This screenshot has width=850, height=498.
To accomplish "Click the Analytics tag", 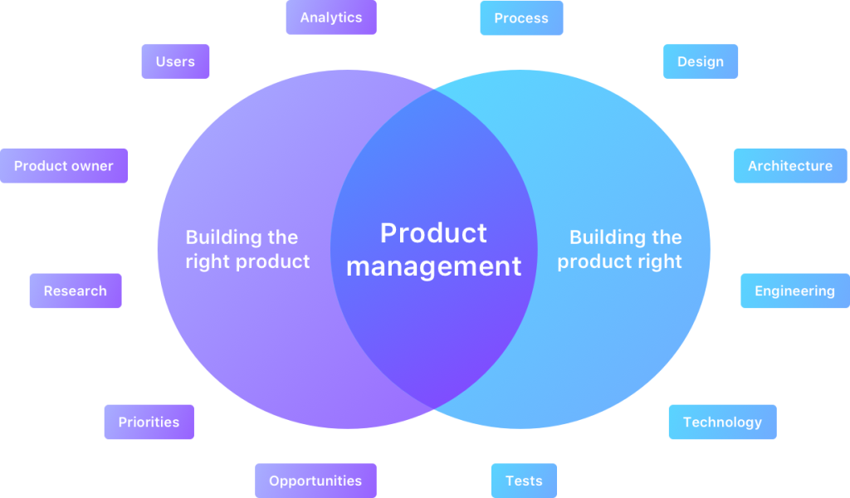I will (331, 17).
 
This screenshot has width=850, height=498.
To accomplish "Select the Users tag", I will (175, 61).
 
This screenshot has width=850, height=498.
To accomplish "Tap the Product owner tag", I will (64, 166).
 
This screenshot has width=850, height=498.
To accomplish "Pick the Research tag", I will (76, 291).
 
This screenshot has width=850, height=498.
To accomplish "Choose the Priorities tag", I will (149, 422).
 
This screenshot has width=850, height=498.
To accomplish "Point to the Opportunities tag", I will (315, 481).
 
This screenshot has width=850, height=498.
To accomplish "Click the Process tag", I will (521, 18).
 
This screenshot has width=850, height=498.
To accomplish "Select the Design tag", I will (701, 61).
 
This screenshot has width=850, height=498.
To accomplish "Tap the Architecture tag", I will (790, 166).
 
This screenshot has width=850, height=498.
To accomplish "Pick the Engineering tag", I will (794, 291).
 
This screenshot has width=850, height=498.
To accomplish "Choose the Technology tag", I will (722, 422).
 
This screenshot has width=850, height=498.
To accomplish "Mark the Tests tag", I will (524, 481).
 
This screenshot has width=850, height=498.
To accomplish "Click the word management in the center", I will (434, 266).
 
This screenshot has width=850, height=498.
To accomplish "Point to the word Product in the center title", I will (433, 233).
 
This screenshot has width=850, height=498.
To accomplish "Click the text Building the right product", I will (247, 249).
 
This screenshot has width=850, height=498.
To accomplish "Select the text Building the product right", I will (620, 249).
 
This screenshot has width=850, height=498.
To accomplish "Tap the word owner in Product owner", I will (92, 166).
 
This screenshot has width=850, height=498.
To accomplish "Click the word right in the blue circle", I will (661, 261).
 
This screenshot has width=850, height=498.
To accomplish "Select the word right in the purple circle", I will (208, 261).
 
